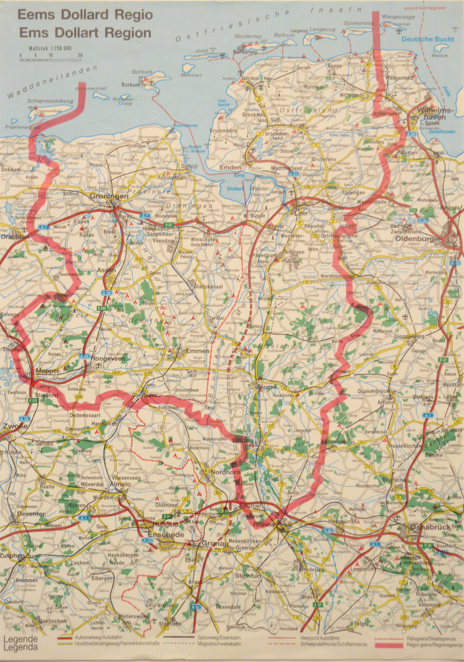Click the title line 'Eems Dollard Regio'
(85, 15)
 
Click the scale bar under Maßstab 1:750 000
(50, 60)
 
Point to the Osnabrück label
(424, 528)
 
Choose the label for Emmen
(198, 350)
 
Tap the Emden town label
(231, 167)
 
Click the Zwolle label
(15, 426)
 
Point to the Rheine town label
(264, 524)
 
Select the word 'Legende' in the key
(20, 639)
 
